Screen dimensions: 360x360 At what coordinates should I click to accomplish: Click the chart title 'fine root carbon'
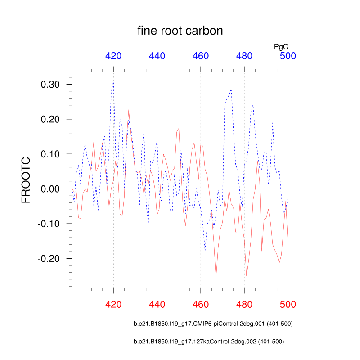click(180, 31)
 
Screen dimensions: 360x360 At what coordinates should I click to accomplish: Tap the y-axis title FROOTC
click(27, 180)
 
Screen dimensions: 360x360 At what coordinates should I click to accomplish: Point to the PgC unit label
click(281, 46)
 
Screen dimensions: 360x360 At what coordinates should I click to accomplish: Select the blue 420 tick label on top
click(113, 56)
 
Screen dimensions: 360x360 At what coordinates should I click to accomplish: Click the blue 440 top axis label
click(157, 56)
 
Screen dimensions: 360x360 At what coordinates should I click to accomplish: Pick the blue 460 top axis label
click(201, 56)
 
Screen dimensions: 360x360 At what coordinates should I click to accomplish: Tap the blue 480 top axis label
click(244, 56)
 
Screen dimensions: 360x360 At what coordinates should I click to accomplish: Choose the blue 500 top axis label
click(288, 56)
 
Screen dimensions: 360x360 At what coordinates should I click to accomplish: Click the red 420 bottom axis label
click(113, 305)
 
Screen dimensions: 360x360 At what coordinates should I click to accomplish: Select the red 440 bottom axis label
click(157, 305)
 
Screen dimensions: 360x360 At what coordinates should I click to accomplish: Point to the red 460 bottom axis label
click(201, 305)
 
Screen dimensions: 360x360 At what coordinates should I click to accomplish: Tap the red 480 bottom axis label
click(244, 305)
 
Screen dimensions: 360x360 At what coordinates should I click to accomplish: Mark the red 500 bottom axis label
click(288, 305)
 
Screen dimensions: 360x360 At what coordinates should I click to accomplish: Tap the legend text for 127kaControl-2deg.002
click(209, 342)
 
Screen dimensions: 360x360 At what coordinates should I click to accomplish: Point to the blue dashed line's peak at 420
click(113, 82)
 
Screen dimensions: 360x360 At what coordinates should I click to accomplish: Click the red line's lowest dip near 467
click(216, 278)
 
